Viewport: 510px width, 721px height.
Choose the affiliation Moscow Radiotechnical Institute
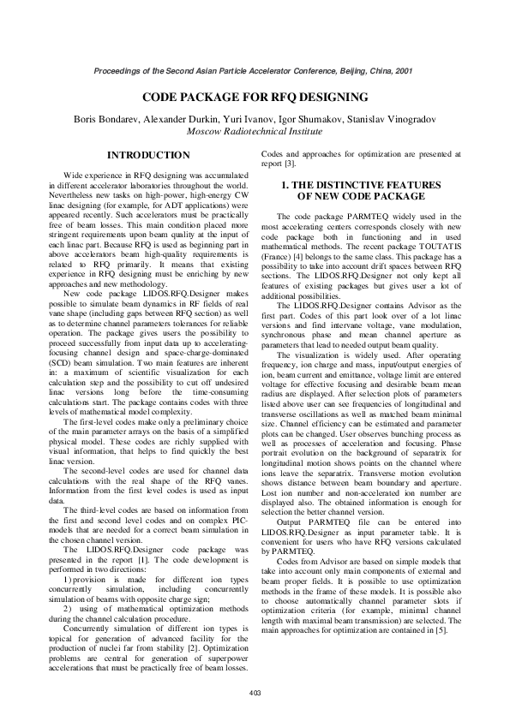pyautogui.click(x=255, y=131)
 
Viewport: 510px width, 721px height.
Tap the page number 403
pyautogui.click(x=254, y=691)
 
